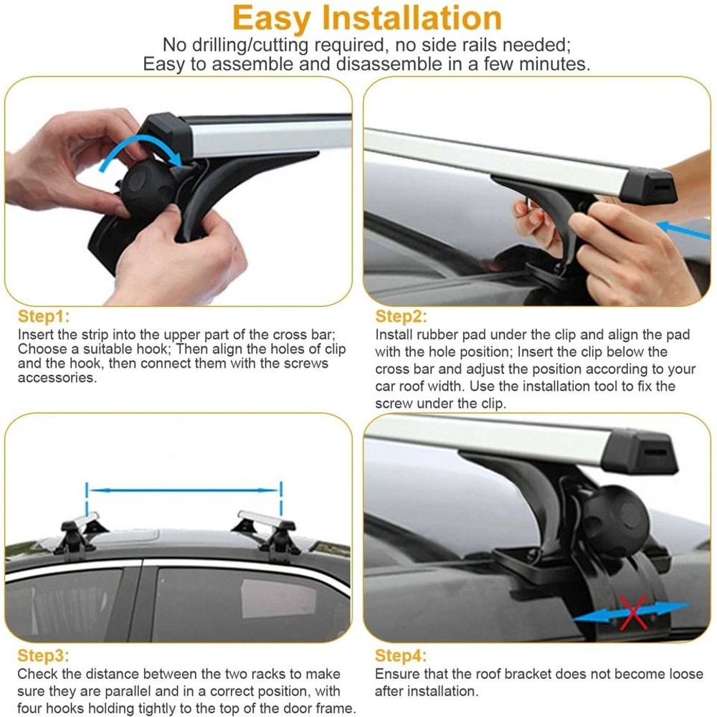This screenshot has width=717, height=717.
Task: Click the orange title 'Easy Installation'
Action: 367,18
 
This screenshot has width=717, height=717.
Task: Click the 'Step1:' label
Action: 44,316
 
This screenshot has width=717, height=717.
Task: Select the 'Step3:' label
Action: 44,655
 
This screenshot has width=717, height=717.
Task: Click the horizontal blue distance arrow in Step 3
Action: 184,491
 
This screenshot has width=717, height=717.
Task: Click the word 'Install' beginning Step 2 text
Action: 393,335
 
